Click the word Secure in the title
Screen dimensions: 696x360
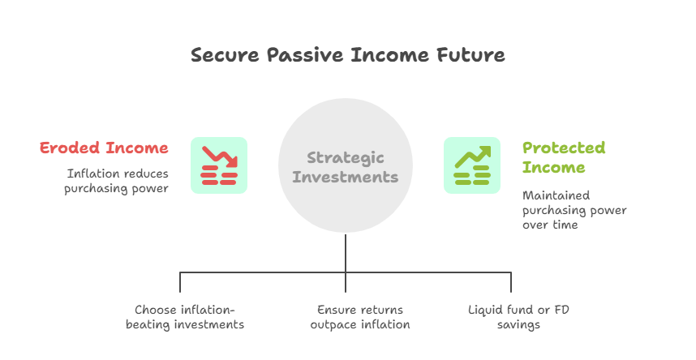click(x=225, y=55)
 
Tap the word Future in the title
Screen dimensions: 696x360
click(x=470, y=55)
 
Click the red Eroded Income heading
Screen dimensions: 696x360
click(x=104, y=148)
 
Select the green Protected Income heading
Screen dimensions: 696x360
click(x=564, y=157)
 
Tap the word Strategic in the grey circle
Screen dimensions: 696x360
click(x=346, y=157)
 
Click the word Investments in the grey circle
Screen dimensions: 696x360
click(x=346, y=177)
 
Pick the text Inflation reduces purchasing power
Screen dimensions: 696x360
click(x=116, y=181)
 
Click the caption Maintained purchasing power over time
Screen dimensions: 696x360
click(x=574, y=210)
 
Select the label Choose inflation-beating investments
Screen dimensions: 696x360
click(x=185, y=317)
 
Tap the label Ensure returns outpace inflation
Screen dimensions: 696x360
click(x=360, y=317)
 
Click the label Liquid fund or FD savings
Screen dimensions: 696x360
click(x=518, y=317)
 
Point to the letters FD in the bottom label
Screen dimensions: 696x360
click(x=561, y=310)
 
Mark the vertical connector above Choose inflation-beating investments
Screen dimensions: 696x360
click(x=180, y=282)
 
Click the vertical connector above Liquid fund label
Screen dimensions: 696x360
click(x=511, y=282)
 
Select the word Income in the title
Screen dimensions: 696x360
click(x=390, y=55)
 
